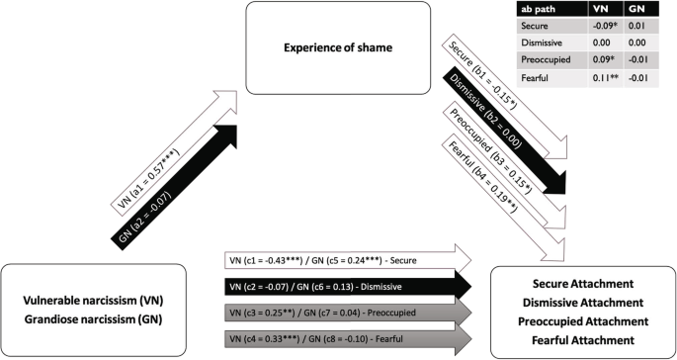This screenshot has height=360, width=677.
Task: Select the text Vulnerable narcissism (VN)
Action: click(x=97, y=298)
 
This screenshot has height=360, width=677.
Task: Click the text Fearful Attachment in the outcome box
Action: click(x=577, y=340)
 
